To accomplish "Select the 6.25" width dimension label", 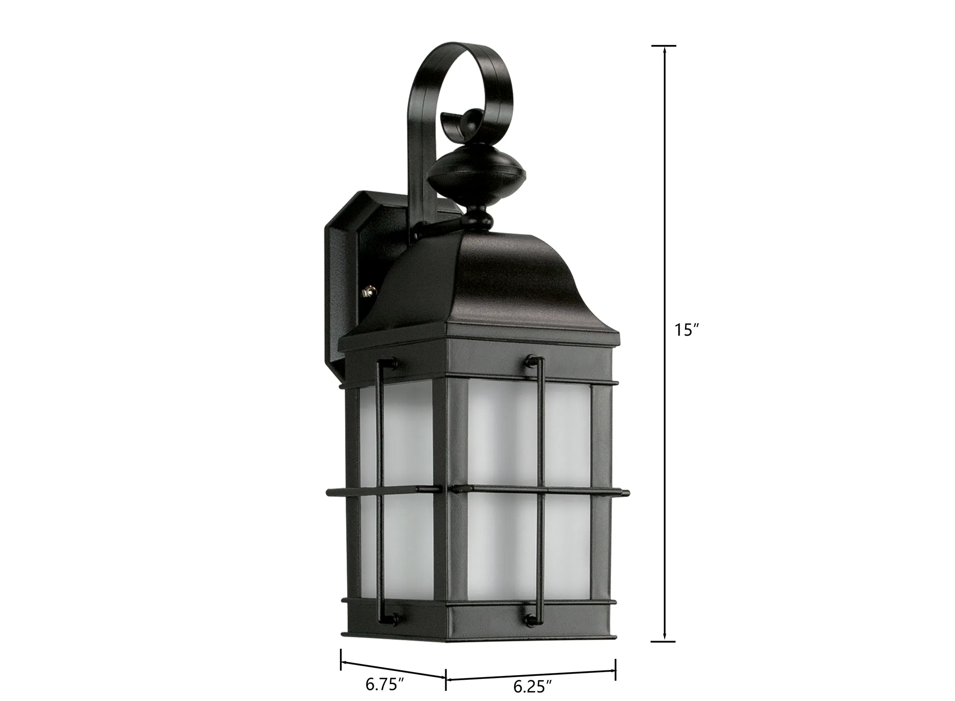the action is (x=532, y=687).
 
